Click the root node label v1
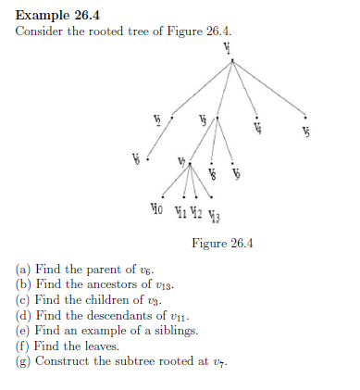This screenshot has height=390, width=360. point(227,48)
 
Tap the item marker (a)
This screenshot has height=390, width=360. point(24,270)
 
